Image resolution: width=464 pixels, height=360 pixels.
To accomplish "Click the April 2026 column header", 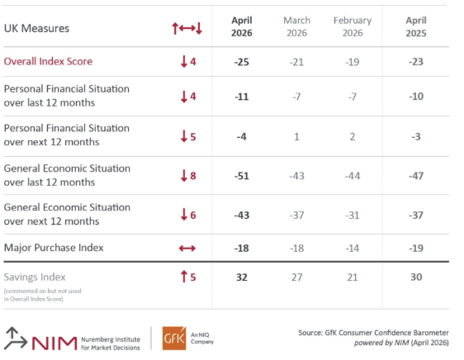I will coord(241,27).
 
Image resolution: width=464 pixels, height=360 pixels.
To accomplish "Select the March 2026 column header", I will coord(296,27).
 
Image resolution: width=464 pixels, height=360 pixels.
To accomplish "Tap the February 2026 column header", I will coord(353,27).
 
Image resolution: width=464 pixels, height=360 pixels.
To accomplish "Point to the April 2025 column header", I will coord(417,27).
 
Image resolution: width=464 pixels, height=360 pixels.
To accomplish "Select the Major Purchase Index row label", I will coord(54,247).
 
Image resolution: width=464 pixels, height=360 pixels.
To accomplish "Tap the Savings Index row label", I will coord(35,277).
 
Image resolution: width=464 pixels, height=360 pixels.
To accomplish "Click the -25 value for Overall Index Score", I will coord(241,61).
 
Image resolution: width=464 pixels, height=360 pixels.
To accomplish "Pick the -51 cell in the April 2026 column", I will coord(241,175).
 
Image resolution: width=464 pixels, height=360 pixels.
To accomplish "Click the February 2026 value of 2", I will coord(353,135).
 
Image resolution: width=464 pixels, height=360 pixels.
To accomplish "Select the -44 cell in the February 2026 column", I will coord(353,175).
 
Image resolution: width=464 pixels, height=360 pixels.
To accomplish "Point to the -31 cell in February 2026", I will coord(353,215).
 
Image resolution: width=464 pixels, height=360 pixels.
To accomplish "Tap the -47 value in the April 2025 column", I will coord(417,175).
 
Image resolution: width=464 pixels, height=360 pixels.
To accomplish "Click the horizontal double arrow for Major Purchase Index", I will coord(187,248).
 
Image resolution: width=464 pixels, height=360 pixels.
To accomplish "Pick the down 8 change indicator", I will coord(187,175).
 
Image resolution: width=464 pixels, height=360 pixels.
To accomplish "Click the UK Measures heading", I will coord(37,28).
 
